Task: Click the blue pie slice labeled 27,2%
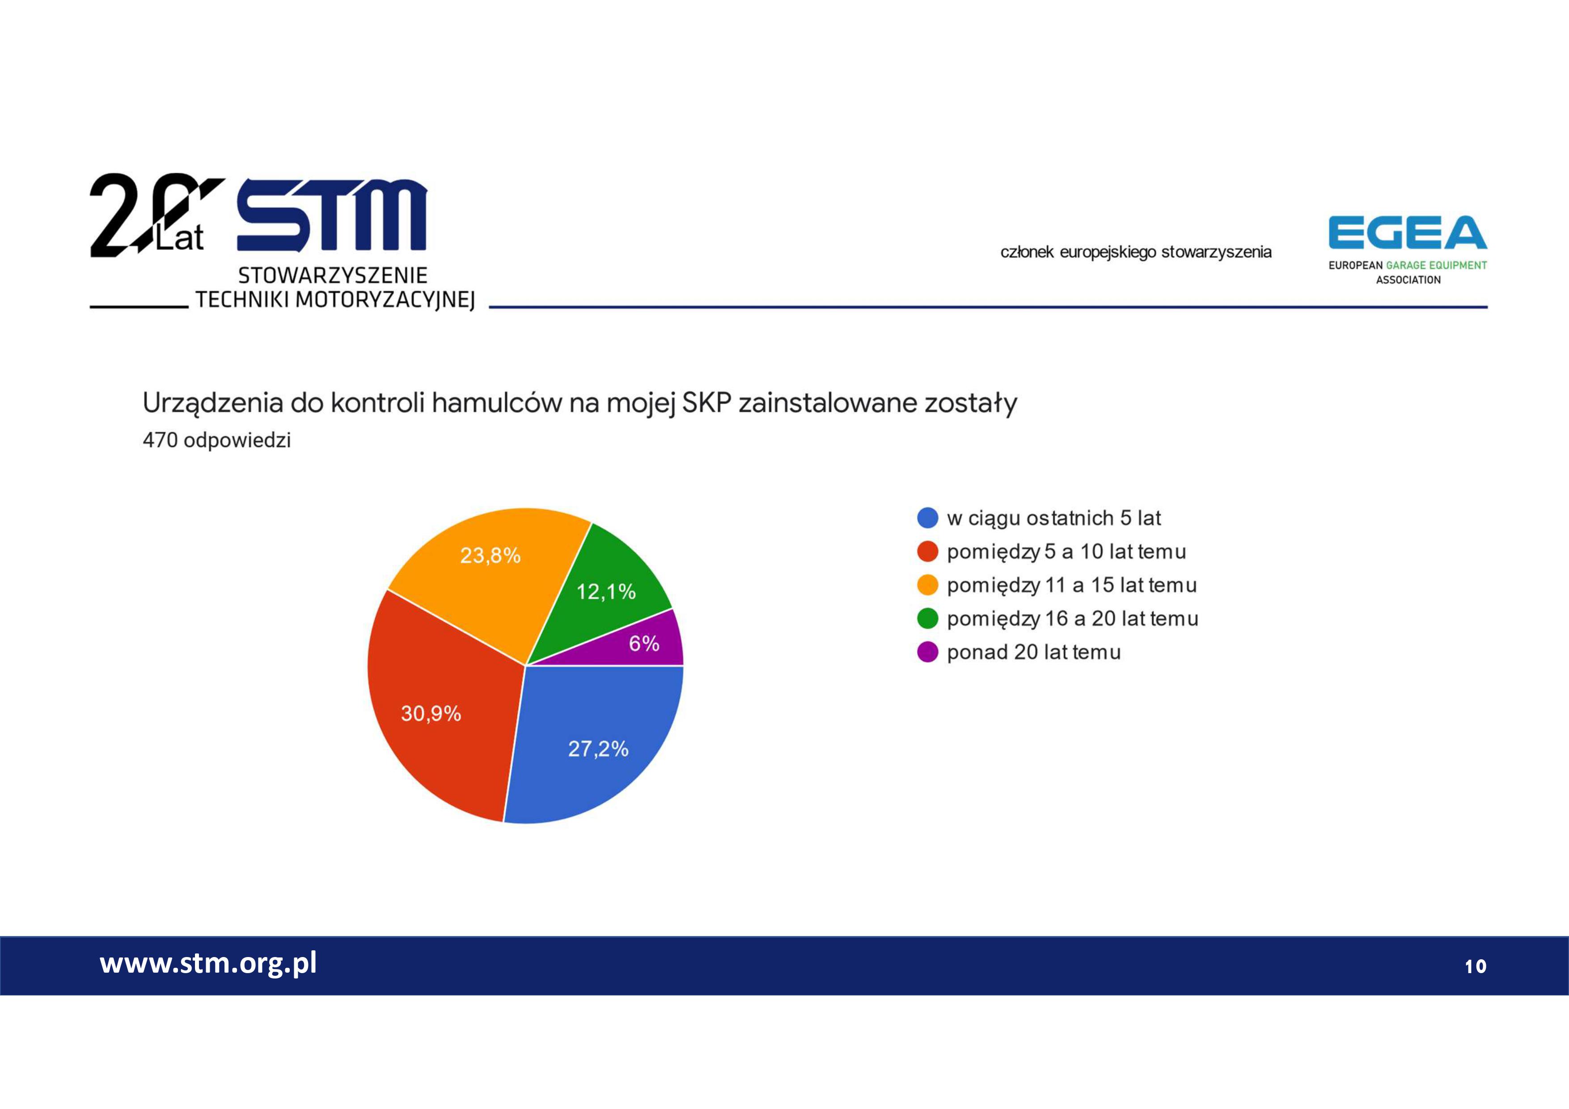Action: pos(595,742)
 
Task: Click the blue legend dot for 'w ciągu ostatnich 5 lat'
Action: pos(927,518)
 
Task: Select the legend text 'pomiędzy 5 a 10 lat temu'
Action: pos(1066,552)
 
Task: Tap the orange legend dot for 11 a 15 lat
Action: pos(927,585)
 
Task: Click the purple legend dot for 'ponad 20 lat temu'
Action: pos(927,652)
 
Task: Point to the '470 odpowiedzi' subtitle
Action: pos(216,440)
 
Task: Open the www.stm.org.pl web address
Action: pos(208,963)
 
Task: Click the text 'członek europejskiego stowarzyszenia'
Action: pos(1136,252)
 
